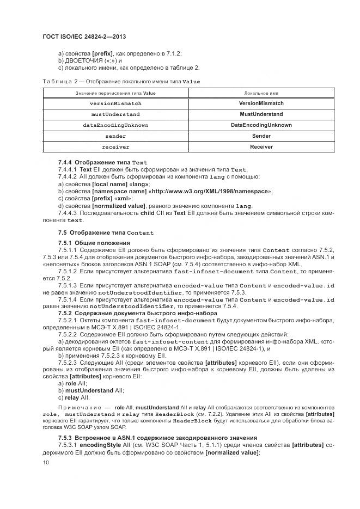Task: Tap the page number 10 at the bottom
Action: (46, 462)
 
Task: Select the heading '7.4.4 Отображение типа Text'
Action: (102, 162)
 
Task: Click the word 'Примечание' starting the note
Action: (76, 408)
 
